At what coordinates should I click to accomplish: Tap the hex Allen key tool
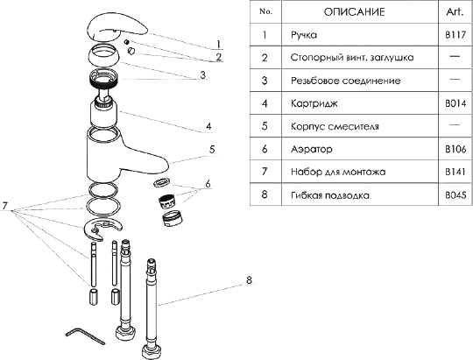point(84,335)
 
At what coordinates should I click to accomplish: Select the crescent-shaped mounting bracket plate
point(102,229)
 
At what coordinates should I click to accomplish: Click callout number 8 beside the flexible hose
point(249,280)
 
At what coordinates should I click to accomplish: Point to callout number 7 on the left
point(5,206)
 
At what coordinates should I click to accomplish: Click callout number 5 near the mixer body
point(212,150)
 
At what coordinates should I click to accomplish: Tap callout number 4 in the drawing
point(208,126)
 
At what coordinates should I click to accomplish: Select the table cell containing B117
point(455,35)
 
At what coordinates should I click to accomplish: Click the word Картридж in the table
point(314,104)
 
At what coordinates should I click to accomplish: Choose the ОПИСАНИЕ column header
point(355,12)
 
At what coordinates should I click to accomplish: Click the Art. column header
point(455,11)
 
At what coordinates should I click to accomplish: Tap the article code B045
point(455,195)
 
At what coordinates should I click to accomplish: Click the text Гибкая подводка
point(330,195)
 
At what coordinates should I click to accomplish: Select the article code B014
point(455,103)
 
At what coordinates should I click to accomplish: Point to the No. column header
point(265,11)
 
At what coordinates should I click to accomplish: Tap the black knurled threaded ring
point(102,79)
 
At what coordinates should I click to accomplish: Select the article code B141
point(455,172)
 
